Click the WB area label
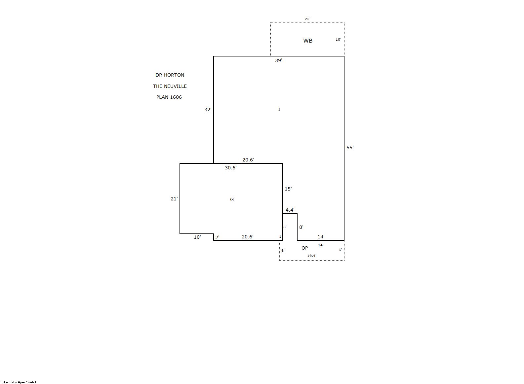coord(307,41)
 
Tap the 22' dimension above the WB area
coord(307,19)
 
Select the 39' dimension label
coord(279,60)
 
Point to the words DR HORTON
coord(170,75)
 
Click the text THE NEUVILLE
coord(170,86)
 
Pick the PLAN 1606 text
coord(169,97)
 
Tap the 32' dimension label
coord(208,110)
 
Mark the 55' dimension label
coord(350,148)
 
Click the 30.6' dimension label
coord(231,168)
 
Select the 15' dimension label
coord(288,189)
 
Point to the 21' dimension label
coord(174,199)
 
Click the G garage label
coord(232,199)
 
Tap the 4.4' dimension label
coord(290,210)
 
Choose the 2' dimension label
coord(217,237)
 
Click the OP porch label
coord(304,248)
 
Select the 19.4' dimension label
coord(312,256)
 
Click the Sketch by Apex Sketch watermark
coord(20,382)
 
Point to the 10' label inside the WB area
coord(338,40)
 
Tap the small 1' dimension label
coord(281,237)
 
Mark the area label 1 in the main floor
coord(279,109)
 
